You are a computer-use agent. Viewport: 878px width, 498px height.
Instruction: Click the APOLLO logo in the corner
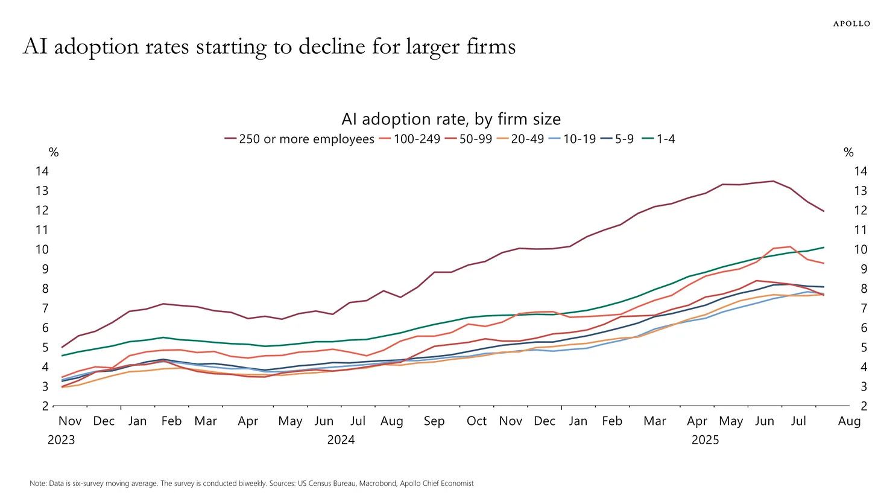[x=851, y=24]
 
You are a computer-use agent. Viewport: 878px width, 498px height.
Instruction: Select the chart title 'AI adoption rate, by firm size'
[x=451, y=119]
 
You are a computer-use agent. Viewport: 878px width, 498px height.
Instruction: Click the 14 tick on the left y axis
[x=42, y=171]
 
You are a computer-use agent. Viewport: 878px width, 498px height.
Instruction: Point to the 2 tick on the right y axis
[x=864, y=406]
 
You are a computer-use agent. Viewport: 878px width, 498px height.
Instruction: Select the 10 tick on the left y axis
[x=42, y=249]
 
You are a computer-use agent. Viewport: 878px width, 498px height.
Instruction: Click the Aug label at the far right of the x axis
[x=849, y=421]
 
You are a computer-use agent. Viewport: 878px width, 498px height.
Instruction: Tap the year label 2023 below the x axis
[x=61, y=440]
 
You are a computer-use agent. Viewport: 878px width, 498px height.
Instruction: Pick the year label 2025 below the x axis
[x=705, y=440]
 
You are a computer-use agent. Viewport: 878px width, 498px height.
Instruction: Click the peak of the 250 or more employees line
[x=773, y=181]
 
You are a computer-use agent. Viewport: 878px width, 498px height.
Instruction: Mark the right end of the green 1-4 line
[x=824, y=247]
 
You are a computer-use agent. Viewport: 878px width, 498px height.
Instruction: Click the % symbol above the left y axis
[x=54, y=153]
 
